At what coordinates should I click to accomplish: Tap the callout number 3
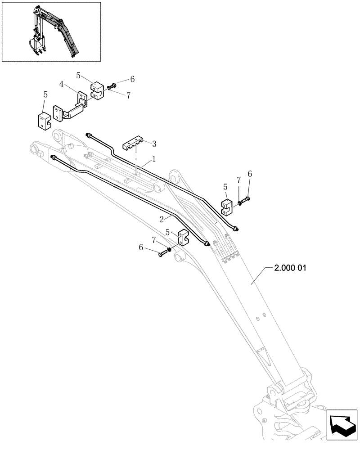click(x=154, y=144)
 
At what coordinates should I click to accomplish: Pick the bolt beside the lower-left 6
click(x=162, y=255)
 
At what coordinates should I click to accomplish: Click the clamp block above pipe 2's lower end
click(x=184, y=238)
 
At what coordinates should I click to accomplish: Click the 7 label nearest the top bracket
click(x=128, y=95)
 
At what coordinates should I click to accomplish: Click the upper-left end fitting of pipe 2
click(x=54, y=157)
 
